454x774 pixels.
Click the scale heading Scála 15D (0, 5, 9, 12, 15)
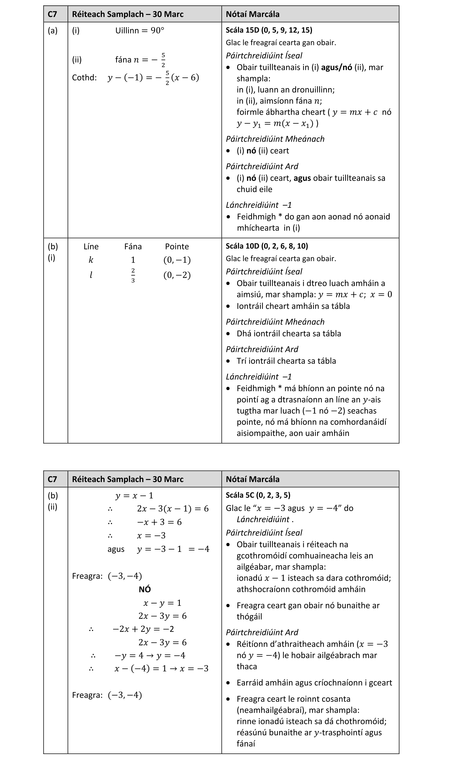269,30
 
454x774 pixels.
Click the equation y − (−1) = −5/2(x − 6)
153,78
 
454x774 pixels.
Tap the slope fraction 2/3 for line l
133,276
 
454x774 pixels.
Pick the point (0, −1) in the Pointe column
177,260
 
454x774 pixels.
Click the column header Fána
133,247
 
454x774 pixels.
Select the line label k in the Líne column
91,260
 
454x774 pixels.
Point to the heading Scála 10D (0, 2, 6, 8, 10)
267,246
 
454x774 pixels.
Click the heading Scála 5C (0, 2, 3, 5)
258,495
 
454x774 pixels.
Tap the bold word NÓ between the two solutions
145,589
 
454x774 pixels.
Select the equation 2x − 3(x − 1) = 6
173,509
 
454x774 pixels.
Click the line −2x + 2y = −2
143,629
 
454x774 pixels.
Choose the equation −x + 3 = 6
159,522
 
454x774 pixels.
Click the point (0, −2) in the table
177,275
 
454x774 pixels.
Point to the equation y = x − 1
134,495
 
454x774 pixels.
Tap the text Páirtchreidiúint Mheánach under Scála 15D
275,139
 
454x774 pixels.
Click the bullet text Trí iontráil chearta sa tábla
286,361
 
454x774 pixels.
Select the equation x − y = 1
162,603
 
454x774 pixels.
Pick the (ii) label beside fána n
77,59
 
